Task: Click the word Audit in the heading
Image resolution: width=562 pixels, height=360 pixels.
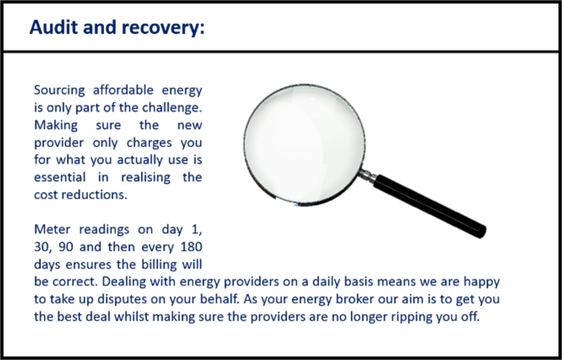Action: coord(54,27)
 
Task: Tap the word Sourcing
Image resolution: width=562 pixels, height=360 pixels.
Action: coord(60,91)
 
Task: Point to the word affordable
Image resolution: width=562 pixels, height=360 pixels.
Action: coord(123,90)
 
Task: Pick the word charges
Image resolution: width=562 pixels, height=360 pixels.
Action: coord(149,143)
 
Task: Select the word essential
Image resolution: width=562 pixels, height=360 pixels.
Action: coord(60,177)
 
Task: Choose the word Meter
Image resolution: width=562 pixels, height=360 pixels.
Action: coord(52,229)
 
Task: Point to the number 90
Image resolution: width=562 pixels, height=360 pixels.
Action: coord(66,247)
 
